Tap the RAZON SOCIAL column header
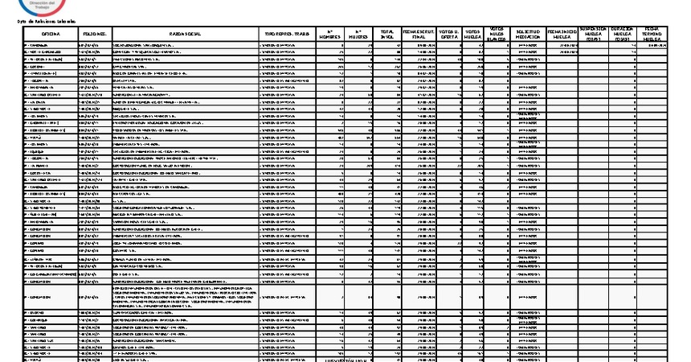pos(186,33)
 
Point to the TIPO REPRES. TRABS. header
pos(288,33)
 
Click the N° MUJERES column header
pos(359,33)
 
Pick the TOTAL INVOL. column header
pos(388,33)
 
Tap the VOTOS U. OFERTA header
pos(449,33)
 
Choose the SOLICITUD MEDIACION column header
pos(527,33)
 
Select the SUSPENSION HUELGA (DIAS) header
pos(594,33)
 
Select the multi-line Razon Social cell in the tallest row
pos(186,297)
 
